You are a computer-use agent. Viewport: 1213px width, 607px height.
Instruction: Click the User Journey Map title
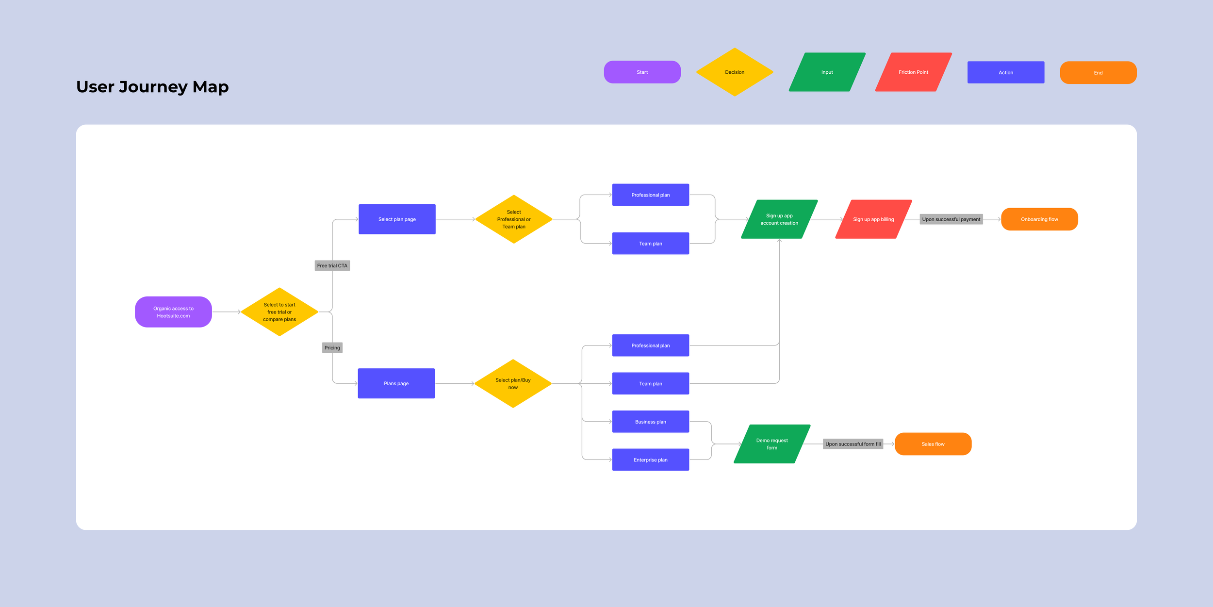point(152,87)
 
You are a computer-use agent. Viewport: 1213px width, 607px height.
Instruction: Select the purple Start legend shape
point(642,72)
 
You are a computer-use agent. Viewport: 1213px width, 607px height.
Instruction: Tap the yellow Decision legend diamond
point(735,72)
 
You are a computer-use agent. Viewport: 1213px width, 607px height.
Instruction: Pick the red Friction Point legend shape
point(913,72)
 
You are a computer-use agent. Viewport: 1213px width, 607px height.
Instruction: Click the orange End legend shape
point(1098,73)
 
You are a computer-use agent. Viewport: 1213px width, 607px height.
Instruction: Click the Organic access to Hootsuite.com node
point(173,312)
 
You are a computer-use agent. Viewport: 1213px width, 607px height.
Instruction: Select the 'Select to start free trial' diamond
point(279,312)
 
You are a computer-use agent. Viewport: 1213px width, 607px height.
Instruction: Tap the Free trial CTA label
point(332,266)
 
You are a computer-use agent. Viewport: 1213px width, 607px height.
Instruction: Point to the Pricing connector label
point(332,348)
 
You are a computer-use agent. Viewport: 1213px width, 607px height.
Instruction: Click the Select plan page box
point(397,219)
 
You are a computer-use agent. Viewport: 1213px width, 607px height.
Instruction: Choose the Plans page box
point(396,383)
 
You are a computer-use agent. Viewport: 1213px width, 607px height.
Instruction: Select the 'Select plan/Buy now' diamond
point(513,383)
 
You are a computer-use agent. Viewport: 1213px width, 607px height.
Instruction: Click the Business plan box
point(650,422)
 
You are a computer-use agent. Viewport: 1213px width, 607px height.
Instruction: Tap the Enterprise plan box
point(650,460)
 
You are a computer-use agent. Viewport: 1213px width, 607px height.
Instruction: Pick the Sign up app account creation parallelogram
point(779,219)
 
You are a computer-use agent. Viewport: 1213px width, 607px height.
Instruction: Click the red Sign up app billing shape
point(873,219)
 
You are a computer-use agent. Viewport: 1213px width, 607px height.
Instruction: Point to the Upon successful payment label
point(951,219)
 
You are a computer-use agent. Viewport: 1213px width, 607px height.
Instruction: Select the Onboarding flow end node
point(1039,219)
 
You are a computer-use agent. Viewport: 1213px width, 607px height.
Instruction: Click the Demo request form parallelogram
point(772,444)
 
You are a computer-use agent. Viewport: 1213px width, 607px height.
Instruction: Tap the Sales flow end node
point(933,444)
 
